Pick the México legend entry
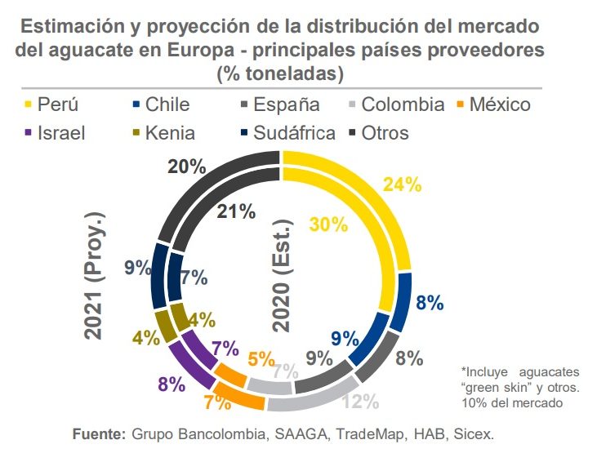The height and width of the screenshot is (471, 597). pyautogui.click(x=501, y=104)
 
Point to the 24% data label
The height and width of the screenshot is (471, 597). pyautogui.click(x=402, y=184)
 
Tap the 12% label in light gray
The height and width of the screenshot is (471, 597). pyautogui.click(x=360, y=401)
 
